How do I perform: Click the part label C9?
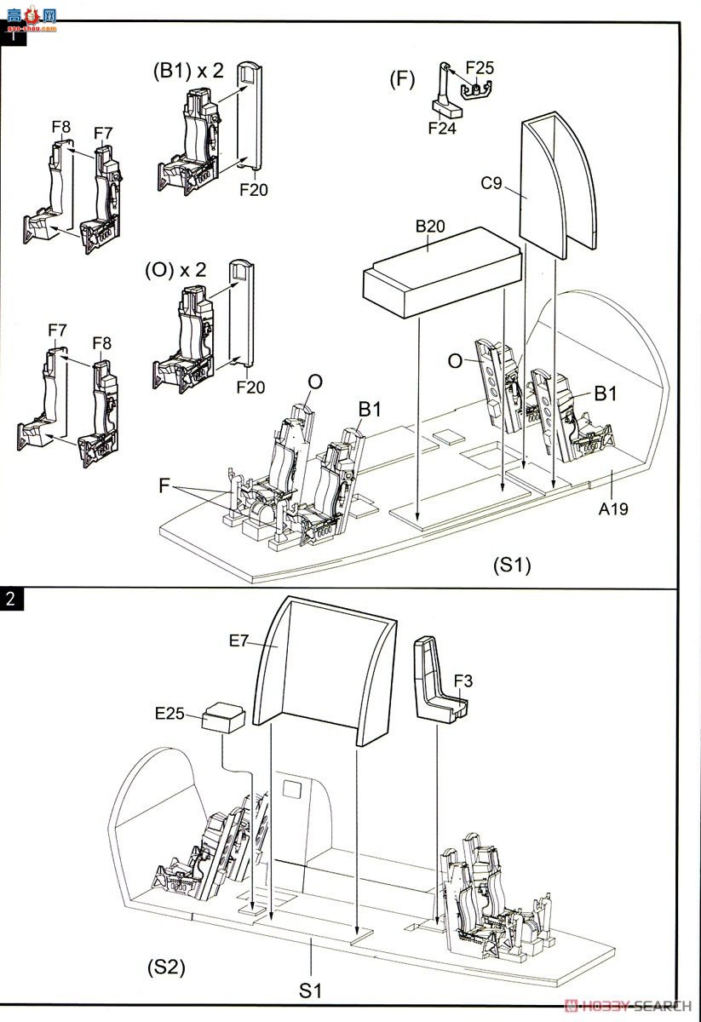point(491,183)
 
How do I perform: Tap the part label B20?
point(430,227)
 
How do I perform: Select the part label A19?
point(613,508)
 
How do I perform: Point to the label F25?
point(480,68)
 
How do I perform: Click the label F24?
point(442,129)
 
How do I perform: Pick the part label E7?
point(238,641)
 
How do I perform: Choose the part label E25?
point(170,713)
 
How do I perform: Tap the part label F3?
point(463,681)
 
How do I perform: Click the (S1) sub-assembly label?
point(512,566)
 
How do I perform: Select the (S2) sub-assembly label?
point(167,967)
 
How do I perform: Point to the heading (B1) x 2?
point(188,72)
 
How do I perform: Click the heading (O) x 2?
point(175,271)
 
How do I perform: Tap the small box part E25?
point(224,717)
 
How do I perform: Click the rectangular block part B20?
point(442,272)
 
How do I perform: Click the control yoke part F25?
point(475,90)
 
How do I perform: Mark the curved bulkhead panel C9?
point(558,185)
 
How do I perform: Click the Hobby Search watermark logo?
point(628,1006)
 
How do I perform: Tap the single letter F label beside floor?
point(164,485)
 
